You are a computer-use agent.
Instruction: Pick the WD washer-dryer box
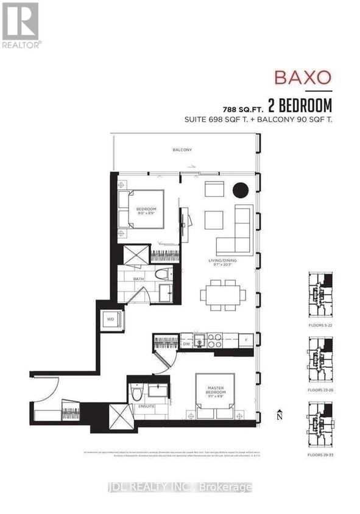tap(111, 319)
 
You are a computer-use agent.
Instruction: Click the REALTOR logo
tap(21, 24)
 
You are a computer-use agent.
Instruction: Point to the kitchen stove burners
tap(214, 340)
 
